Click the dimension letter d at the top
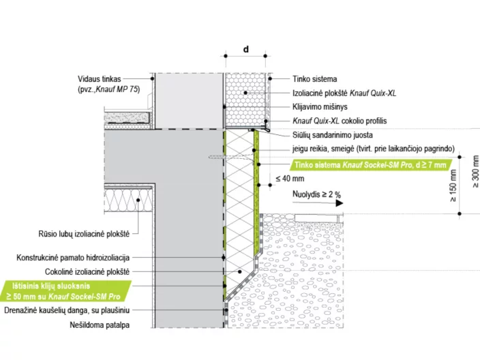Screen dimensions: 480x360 point(246,49)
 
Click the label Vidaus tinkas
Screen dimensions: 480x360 point(99,79)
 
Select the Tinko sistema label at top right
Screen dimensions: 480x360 point(315,79)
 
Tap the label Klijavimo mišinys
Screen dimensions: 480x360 point(320,107)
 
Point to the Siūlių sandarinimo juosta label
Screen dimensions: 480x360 point(333,135)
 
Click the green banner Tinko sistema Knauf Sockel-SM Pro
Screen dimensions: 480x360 point(370,165)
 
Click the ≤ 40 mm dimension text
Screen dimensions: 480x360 point(290,179)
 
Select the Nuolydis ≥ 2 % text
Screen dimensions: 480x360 point(316,194)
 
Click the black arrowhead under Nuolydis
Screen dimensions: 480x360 point(339,203)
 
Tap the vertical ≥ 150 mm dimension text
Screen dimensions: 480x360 point(453,185)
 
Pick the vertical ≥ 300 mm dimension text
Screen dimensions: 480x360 point(475,171)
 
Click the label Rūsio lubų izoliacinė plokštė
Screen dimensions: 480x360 point(84,234)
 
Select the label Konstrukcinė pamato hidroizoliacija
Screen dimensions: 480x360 point(73,258)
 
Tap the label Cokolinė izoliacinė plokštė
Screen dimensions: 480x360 point(87,272)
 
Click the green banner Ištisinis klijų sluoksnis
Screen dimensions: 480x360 point(66,291)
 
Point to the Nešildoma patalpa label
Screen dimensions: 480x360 point(100,325)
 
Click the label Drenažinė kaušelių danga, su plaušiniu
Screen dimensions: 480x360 point(67,310)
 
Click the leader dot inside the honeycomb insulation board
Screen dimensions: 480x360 point(245,93)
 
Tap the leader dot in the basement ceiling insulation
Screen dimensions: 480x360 point(138,200)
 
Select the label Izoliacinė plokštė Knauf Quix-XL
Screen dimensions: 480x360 point(344,93)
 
